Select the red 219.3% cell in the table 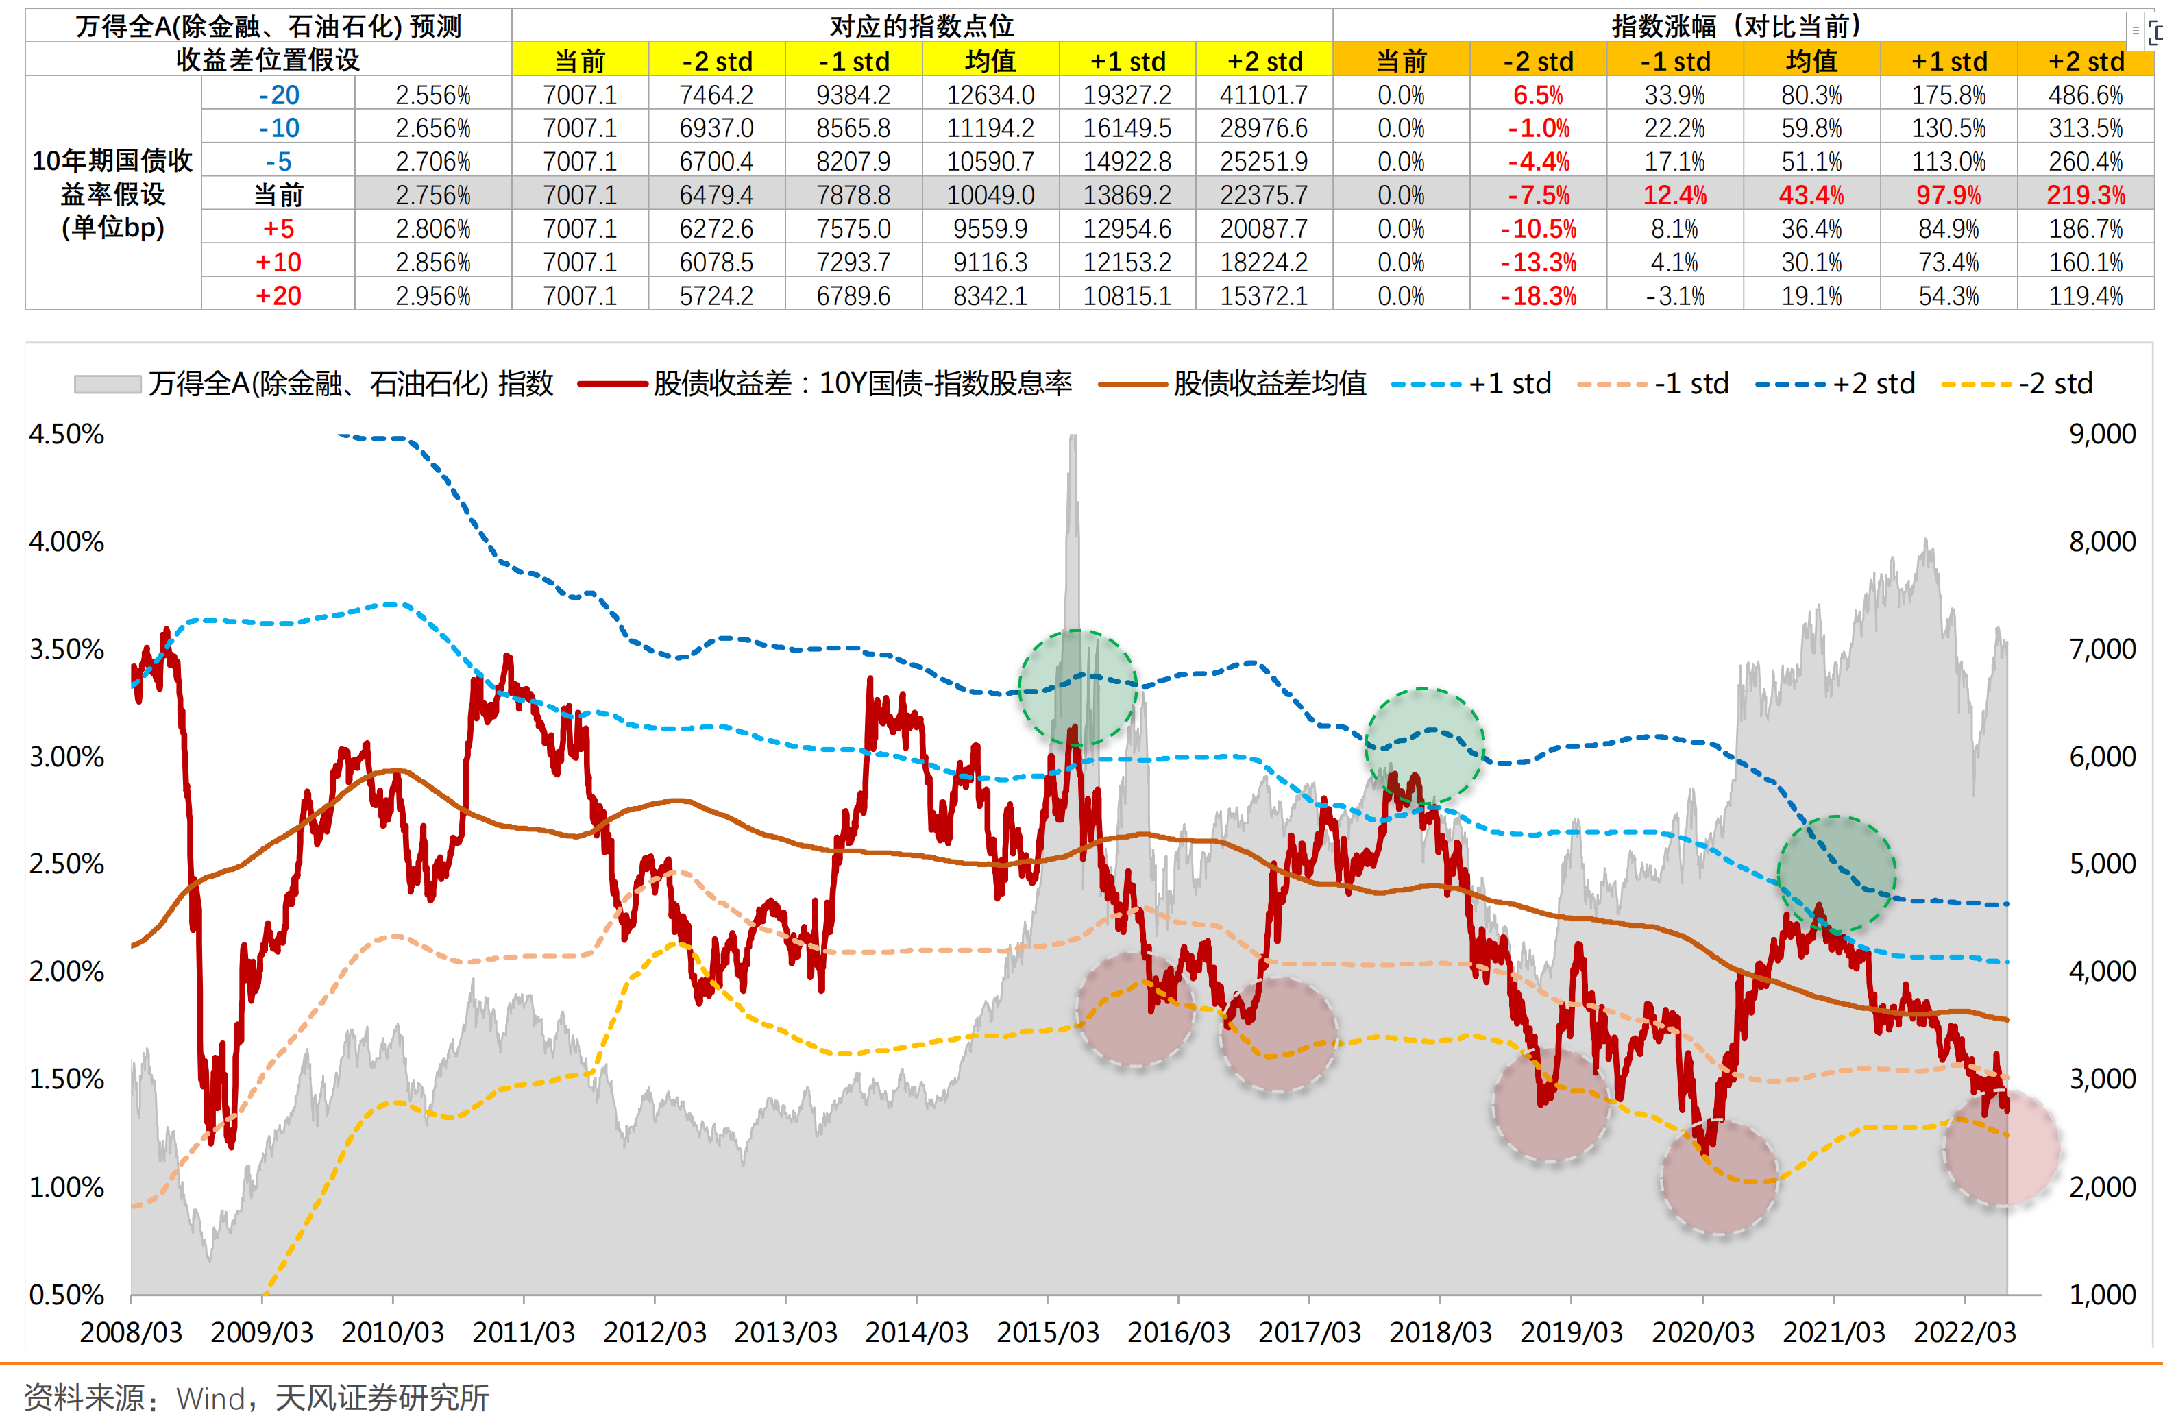tap(2085, 195)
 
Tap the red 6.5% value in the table tap(1538, 95)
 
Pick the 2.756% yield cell tap(432, 195)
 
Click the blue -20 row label tap(278, 95)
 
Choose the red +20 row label tap(278, 296)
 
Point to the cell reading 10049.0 tap(990, 195)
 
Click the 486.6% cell tap(2085, 95)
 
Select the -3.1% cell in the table tap(1674, 296)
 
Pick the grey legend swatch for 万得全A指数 tap(107, 385)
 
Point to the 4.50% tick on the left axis tap(66, 435)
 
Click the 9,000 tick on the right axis tap(2102, 435)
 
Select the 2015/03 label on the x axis tap(1047, 1332)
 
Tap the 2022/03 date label tap(1964, 1332)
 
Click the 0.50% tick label tap(66, 1294)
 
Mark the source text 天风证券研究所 tap(382, 1397)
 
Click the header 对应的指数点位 tap(922, 26)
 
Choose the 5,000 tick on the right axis tap(2102, 864)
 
